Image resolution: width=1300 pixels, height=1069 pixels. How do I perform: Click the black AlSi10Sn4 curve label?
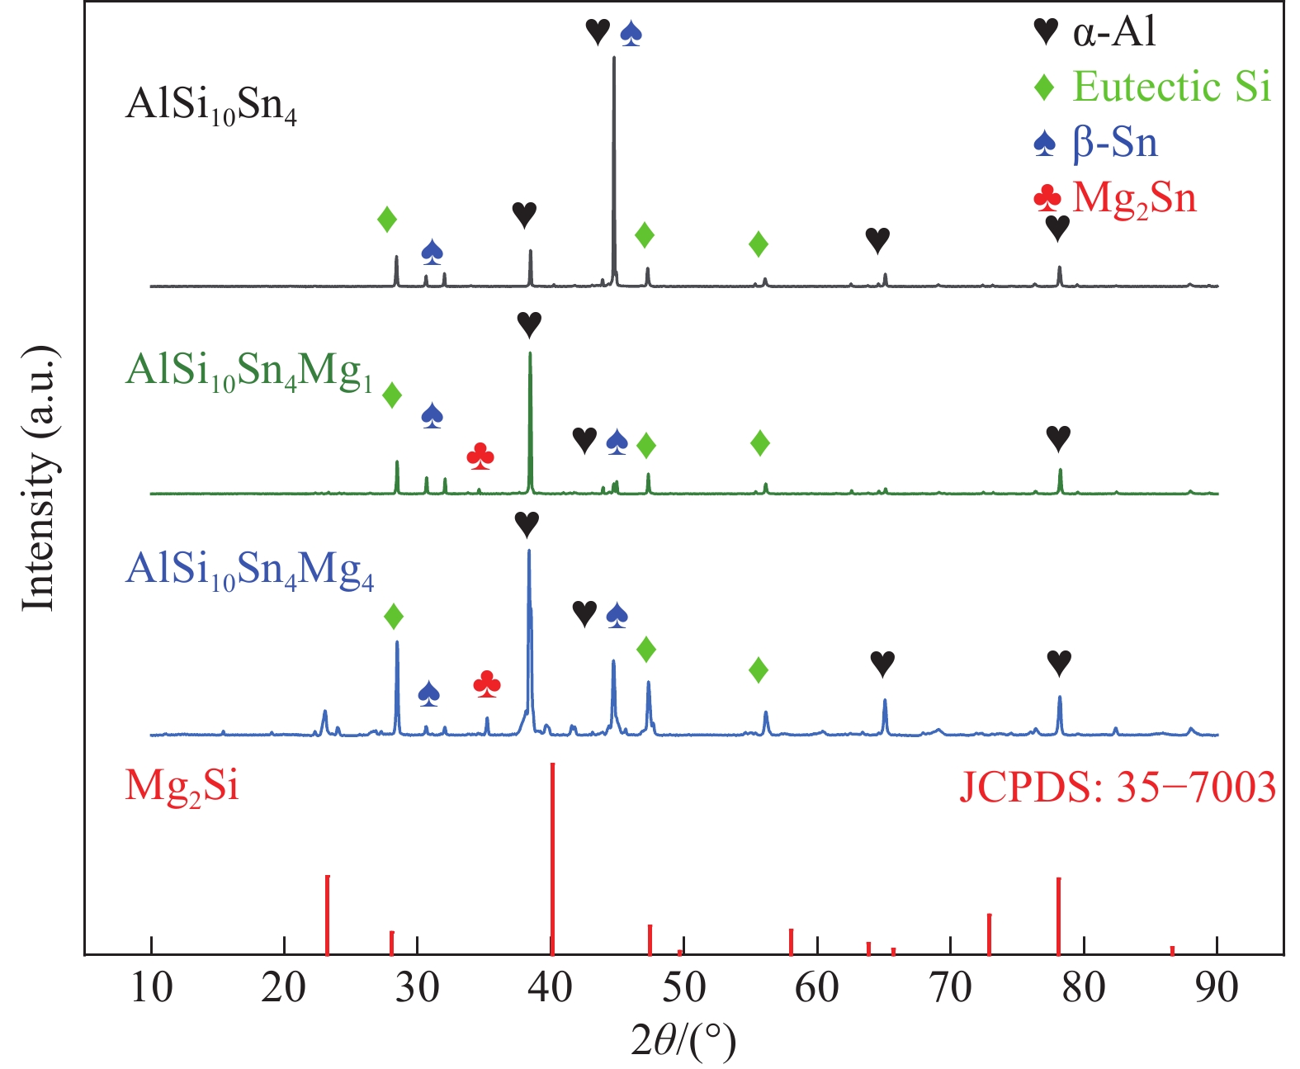210,106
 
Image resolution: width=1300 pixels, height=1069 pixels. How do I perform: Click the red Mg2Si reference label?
182,786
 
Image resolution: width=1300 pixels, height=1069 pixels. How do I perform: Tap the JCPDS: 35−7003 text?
1117,787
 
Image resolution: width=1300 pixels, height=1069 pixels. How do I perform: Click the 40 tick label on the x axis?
551,987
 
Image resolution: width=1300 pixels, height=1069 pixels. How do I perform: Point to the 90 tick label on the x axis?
1217,987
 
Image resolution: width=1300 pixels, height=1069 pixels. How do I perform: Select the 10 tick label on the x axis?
151,987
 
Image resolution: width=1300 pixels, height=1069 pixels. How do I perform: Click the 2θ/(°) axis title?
683,1042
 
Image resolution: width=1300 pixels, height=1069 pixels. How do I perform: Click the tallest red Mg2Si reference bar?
552,859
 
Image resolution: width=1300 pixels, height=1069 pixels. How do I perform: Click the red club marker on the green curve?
480,456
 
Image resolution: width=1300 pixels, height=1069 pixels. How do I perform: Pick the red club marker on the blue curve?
487,683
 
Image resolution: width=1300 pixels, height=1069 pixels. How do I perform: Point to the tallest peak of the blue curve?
528,551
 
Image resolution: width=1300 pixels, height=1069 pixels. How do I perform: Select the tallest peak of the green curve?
529,355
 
